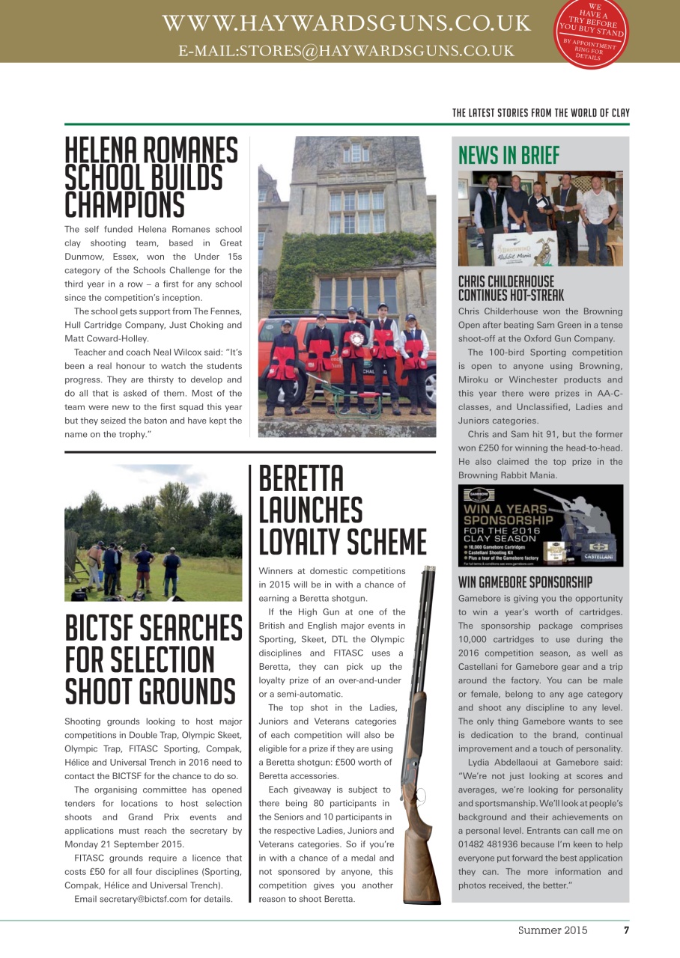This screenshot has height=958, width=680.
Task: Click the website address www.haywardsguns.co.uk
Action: click(x=346, y=23)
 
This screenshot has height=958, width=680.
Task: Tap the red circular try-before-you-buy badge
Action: click(x=592, y=33)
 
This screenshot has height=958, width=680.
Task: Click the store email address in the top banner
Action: click(x=346, y=51)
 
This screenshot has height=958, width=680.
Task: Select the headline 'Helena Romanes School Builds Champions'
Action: click(x=151, y=177)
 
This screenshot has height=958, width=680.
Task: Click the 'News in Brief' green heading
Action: click(x=509, y=155)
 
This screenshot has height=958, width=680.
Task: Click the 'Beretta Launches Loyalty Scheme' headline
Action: click(x=342, y=510)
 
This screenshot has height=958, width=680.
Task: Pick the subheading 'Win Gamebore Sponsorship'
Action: click(x=525, y=582)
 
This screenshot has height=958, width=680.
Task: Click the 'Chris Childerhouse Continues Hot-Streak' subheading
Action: click(x=511, y=288)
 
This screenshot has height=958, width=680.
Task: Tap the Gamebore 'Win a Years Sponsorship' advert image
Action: click(x=540, y=526)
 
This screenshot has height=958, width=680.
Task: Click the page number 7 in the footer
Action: click(x=626, y=931)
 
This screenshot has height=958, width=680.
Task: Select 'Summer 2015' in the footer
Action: click(x=553, y=931)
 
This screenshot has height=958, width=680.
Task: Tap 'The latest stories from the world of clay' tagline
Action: click(x=541, y=113)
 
